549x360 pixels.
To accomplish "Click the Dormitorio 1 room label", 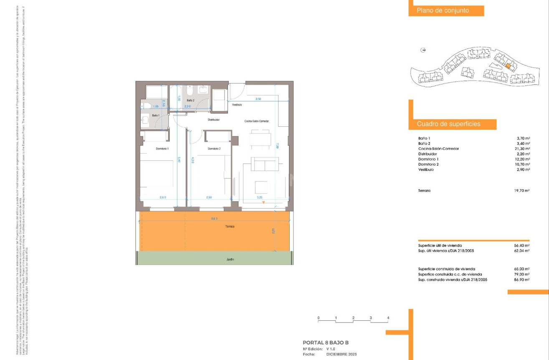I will pyautogui.click(x=162, y=149).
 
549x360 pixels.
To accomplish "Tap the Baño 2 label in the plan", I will pyautogui.click(x=190, y=101).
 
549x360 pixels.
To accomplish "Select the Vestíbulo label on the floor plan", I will pyautogui.click(x=237, y=105).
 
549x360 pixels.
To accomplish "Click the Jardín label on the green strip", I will pyautogui.click(x=230, y=259).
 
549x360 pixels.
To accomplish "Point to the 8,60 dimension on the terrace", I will pyautogui.click(x=214, y=218).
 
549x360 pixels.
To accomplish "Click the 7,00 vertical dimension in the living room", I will pyautogui.click(x=277, y=146).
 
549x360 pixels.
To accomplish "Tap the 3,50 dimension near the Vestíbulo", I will pyautogui.click(x=258, y=99).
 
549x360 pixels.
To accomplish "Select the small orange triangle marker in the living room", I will pyautogui.click(x=263, y=203).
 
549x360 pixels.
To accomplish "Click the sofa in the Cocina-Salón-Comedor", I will pyautogui.click(x=265, y=164).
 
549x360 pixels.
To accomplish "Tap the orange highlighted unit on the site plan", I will pyautogui.click(x=508, y=65).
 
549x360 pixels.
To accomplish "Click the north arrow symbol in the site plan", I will pyautogui.click(x=423, y=50).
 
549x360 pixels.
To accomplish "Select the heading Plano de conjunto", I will pyautogui.click(x=443, y=11).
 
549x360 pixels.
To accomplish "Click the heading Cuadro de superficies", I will pyautogui.click(x=448, y=124).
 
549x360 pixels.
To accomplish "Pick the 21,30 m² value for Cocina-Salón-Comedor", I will pyautogui.click(x=522, y=149).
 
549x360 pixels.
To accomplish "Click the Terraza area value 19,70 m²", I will pyautogui.click(x=522, y=190).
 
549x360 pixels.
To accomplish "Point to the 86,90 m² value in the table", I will pyautogui.click(x=522, y=280).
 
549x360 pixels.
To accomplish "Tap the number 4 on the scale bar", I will pyautogui.click(x=388, y=318).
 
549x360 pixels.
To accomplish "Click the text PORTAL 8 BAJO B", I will pyautogui.click(x=326, y=342).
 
